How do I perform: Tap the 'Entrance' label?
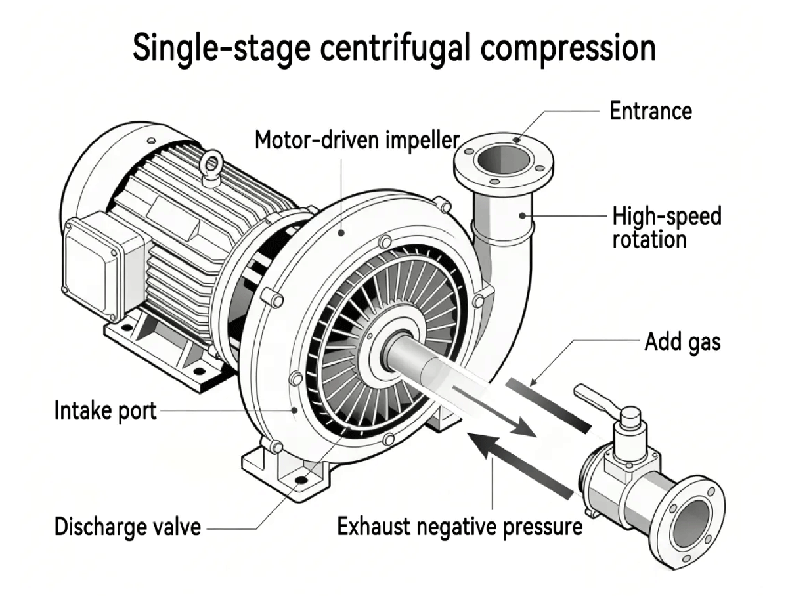[650, 111]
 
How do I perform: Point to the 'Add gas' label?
[682, 341]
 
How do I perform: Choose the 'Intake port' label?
[105, 412]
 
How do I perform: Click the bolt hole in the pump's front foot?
[301, 480]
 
